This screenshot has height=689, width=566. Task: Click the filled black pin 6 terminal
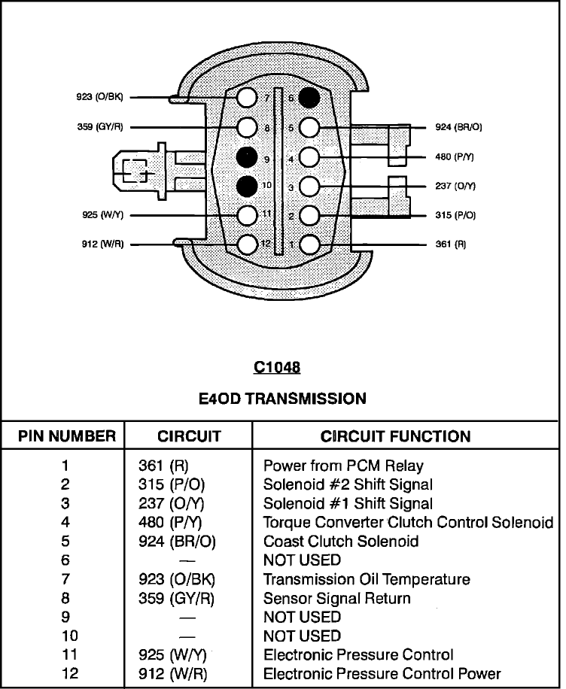coord(309,98)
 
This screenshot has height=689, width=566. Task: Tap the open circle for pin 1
coord(309,244)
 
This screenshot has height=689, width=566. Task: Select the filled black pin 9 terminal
coord(247,157)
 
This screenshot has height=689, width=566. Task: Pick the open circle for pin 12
coord(247,244)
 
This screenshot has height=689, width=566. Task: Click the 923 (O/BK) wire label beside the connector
coord(100,97)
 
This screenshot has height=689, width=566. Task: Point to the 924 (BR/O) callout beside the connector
coord(458,127)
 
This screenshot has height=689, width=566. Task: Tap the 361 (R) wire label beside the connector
coord(451,244)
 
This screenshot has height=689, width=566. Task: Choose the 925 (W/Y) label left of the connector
coord(103,215)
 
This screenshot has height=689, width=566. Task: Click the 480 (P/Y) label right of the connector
coord(455,157)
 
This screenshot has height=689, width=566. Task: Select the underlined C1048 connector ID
coord(277,367)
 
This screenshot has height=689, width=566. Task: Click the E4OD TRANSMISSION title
coord(282,399)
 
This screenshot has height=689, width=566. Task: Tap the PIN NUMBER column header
coord(67,436)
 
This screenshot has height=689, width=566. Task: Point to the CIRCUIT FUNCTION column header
coord(395,436)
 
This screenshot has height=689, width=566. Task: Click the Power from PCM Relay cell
coord(343,466)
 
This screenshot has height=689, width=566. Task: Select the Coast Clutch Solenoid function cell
coord(341,541)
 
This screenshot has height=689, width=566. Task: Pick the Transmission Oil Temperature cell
coord(367,579)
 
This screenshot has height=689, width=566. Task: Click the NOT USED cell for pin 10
coord(302,636)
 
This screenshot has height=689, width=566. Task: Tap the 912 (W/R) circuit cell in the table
coord(173,674)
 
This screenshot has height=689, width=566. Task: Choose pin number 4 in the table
coord(65,522)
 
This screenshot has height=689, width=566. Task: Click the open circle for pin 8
coord(247,127)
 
